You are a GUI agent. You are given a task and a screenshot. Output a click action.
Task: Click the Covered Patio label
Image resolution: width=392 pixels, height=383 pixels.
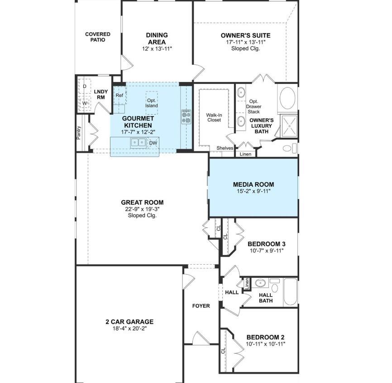tap(97, 37)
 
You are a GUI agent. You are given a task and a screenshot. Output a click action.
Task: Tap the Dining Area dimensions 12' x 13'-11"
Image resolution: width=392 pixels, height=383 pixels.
tap(157, 48)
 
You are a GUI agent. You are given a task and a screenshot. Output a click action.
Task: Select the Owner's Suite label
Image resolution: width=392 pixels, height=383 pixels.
tap(245, 35)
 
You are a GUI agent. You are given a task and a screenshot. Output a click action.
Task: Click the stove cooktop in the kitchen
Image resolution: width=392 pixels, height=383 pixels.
tap(186, 116)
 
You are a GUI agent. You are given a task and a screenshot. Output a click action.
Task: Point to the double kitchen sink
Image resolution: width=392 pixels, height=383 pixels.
tap(139, 143)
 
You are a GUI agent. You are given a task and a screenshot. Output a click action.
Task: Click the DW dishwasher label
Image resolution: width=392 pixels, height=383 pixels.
tap(153, 143)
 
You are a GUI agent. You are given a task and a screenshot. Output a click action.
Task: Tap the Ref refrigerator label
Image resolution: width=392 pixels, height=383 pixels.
tap(119, 96)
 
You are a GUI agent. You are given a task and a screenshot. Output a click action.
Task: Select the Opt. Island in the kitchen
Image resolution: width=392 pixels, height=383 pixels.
tap(152, 103)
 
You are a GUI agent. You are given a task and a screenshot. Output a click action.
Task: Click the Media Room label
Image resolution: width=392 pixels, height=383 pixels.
tap(253, 184)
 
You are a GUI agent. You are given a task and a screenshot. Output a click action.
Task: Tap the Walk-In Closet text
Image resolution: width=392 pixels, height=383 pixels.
tap(214, 117)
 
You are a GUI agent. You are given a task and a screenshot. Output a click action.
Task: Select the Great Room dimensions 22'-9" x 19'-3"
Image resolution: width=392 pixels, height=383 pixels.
tap(142, 209)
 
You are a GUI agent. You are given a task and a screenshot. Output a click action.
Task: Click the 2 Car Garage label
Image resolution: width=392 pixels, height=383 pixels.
tap(129, 322)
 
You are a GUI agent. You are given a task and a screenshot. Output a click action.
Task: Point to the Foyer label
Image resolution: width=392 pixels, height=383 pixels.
tap(201, 306)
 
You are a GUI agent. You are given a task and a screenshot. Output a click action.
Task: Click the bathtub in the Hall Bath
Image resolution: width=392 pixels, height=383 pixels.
tap(290, 292)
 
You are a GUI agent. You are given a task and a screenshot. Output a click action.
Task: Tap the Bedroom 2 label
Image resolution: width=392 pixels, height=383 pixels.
tap(265, 337)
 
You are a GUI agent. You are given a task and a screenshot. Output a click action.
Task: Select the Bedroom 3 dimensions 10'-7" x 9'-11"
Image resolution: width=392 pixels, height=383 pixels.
tap(266, 250)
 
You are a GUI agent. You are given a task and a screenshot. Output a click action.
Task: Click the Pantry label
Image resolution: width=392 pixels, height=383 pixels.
tap(79, 132)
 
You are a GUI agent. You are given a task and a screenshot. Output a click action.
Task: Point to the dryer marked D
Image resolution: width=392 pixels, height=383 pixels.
tap(84, 86)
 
